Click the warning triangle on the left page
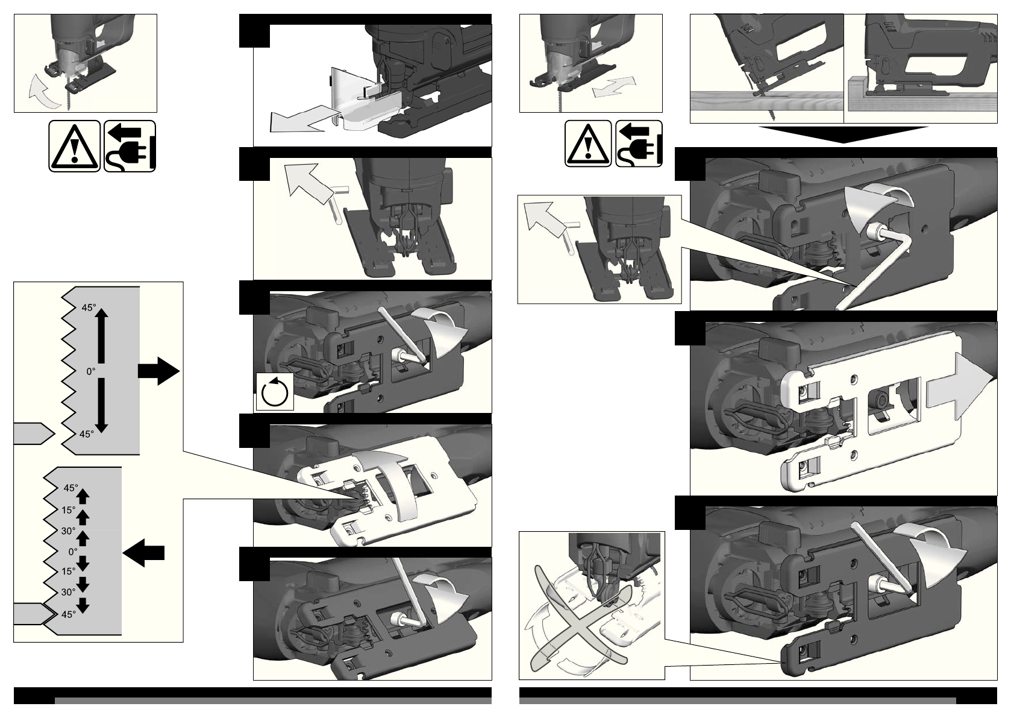tap(75, 146)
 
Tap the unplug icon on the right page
tap(639, 143)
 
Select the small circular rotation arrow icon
tap(274, 391)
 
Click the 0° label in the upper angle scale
tap(91, 371)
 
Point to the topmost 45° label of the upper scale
tap(89, 307)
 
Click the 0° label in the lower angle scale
tap(73, 552)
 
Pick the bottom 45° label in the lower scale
tap(69, 614)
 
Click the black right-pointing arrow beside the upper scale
tap(158, 371)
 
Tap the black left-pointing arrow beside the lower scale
tap(143, 553)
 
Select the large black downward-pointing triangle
tap(843, 134)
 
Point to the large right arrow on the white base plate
tap(960, 391)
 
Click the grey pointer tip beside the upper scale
tap(34, 433)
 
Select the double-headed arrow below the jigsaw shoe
tap(614, 87)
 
